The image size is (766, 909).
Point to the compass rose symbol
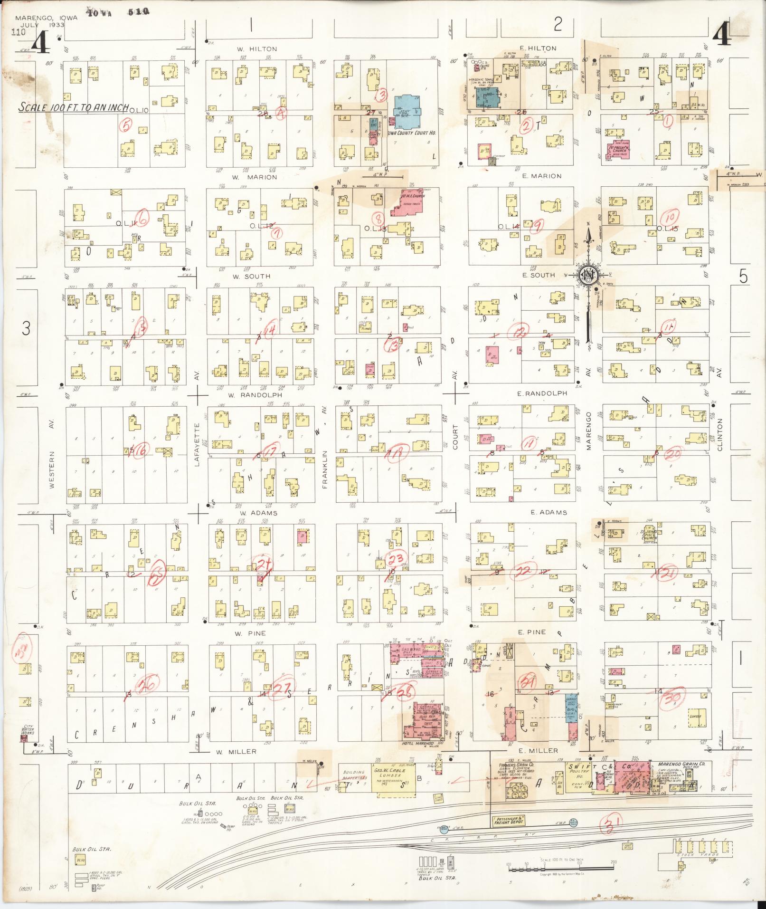(589, 275)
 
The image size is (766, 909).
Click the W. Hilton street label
(257, 49)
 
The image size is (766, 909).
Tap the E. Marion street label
(541, 176)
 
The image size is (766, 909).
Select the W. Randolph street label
(255, 395)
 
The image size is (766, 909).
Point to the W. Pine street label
(253, 633)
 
